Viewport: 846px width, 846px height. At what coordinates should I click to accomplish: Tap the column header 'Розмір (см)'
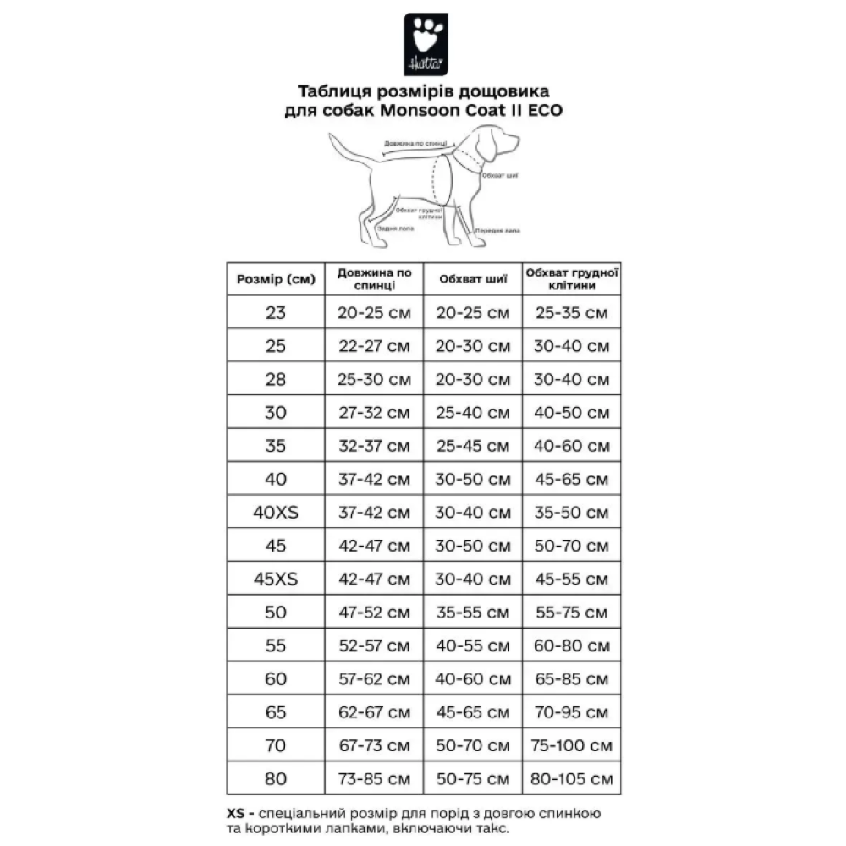[x=276, y=279]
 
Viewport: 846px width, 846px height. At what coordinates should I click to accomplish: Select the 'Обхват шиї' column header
[x=473, y=279]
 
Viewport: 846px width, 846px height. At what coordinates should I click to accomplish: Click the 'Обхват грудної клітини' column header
[x=572, y=279]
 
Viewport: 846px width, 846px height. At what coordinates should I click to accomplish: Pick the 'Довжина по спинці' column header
[x=374, y=279]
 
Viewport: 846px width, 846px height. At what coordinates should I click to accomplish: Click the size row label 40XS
[x=276, y=513]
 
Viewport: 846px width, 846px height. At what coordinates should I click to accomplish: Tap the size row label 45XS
[x=276, y=580]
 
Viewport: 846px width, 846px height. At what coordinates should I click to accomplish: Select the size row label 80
[x=276, y=779]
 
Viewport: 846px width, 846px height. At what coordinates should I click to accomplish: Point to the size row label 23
[x=276, y=313]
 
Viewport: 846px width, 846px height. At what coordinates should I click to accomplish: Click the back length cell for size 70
[x=374, y=746]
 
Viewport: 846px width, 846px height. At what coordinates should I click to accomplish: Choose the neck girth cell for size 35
[x=473, y=447]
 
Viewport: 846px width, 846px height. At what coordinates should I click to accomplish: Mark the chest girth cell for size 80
[x=572, y=779]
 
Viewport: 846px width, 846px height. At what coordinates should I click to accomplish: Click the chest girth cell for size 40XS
[x=572, y=513]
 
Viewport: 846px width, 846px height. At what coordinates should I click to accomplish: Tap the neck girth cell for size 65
[x=473, y=713]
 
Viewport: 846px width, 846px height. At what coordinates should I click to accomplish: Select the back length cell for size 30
[x=374, y=413]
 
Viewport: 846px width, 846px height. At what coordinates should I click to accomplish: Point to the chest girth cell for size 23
[x=572, y=313]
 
